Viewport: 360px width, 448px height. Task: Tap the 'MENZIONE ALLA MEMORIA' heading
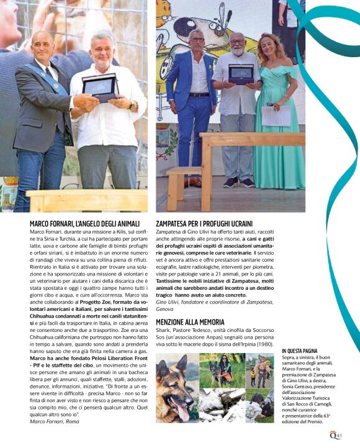pyautogui.click(x=190, y=323)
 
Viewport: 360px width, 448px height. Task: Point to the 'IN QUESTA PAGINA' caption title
pyautogui.click(x=302, y=351)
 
